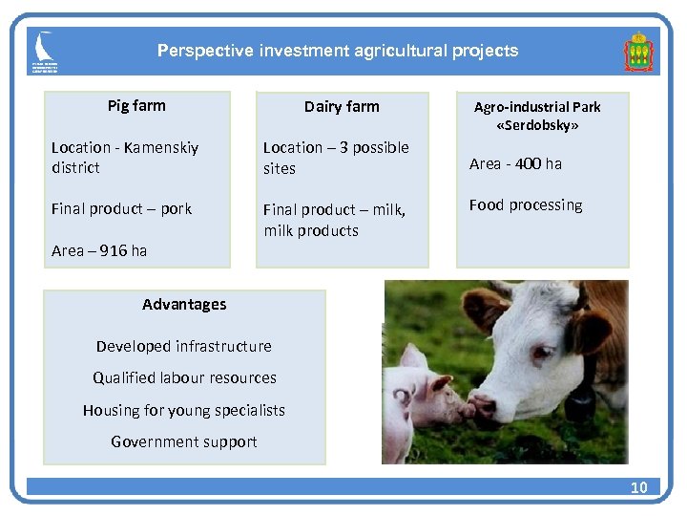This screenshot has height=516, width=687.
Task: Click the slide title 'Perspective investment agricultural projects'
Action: point(338,51)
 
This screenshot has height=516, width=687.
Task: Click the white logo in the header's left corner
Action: point(44,52)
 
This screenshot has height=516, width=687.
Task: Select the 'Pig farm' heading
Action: point(136,105)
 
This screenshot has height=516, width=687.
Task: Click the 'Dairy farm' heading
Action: point(342,106)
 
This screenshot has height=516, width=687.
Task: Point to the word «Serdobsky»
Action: point(537,125)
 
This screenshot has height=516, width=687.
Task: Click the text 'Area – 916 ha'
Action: point(99,250)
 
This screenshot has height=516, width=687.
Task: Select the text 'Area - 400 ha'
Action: point(515,163)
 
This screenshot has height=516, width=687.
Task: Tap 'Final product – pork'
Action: point(121,208)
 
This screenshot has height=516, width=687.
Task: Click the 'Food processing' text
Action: point(525,204)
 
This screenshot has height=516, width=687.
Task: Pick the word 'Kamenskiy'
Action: point(161,147)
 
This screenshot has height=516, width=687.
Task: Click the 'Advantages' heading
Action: point(184,304)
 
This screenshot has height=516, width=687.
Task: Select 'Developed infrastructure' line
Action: point(183,346)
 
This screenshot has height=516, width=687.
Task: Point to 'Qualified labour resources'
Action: point(184,377)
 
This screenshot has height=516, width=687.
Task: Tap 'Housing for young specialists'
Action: point(183,410)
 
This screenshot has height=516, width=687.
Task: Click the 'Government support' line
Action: point(183,441)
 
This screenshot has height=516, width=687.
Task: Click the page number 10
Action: point(638,487)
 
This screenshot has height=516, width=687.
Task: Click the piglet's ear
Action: point(413,358)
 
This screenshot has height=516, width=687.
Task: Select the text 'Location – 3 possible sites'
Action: point(335,158)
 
